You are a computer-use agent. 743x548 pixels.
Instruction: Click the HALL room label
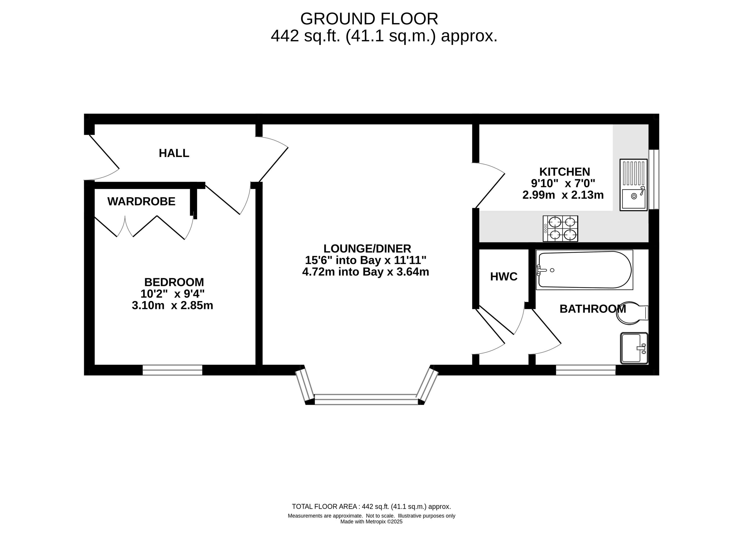click(174, 153)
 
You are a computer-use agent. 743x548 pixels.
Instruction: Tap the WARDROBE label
click(141, 202)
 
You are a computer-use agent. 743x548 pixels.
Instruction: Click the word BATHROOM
click(592, 309)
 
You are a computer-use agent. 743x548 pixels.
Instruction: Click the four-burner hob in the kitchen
click(560, 229)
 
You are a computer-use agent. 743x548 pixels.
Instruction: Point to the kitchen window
click(654, 179)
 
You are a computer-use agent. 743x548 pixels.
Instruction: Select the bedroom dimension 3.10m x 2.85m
click(172, 306)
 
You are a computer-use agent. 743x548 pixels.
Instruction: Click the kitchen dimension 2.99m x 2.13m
click(563, 195)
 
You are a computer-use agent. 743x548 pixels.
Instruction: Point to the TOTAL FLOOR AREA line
click(371, 507)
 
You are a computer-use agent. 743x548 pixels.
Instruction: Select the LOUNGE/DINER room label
click(367, 249)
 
